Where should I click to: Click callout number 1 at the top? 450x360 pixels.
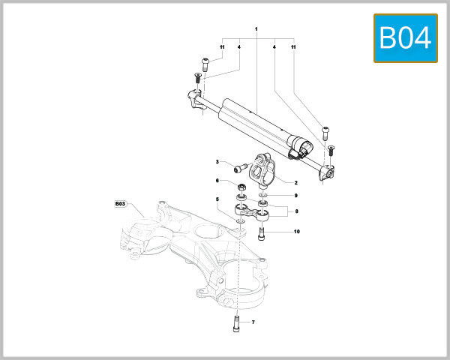pos(256,28)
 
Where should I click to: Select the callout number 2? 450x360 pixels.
pos(295,182)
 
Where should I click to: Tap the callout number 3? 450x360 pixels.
pos(217,162)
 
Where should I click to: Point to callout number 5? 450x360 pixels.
pos(217,199)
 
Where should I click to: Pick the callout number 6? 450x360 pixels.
pos(217,181)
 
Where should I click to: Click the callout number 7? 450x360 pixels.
pos(253,322)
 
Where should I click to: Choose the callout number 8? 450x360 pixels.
pos(296,211)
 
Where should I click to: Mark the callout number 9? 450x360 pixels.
pos(295,195)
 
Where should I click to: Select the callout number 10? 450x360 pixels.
pos(296,232)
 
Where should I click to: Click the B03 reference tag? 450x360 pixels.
pos(121,203)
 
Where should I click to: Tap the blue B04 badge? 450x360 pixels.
pos(406,37)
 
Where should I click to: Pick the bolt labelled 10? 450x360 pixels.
pos(261,233)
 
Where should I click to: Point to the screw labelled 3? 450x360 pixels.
pos(241,166)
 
